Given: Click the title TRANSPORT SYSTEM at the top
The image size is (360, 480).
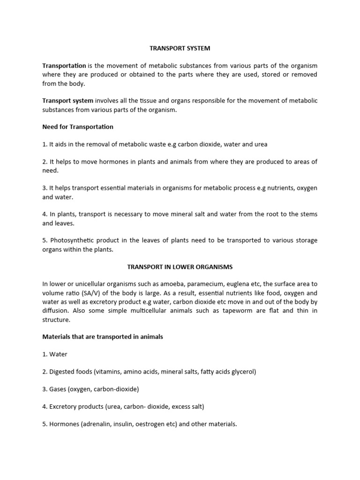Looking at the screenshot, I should (180, 48).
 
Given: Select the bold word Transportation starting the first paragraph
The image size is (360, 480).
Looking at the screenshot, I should (64, 66).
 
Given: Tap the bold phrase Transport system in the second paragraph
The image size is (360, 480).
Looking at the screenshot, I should (68, 100).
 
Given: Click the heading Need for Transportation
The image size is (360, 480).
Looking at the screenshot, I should (78, 127).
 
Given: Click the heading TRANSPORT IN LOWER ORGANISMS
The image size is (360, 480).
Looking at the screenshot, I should (180, 267).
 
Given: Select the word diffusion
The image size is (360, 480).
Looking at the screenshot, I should (57, 311).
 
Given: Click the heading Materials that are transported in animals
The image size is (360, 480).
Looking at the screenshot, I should (103, 337).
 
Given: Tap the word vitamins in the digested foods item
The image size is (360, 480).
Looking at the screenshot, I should (109, 372).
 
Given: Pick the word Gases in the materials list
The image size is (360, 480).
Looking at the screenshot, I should (59, 389).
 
